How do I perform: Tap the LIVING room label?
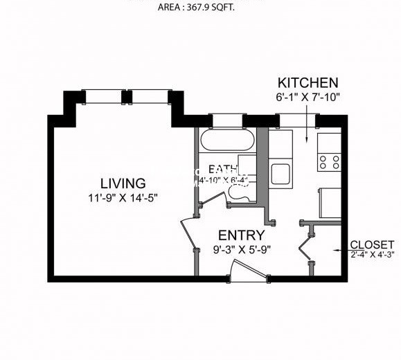click(123, 183)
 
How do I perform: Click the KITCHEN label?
click(308, 82)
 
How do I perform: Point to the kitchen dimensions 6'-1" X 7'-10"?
click(308, 96)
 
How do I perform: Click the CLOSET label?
click(373, 244)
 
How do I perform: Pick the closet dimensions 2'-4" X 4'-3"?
click(373, 254)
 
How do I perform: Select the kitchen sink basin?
click(280, 173)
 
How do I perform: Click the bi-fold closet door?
click(303, 246)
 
